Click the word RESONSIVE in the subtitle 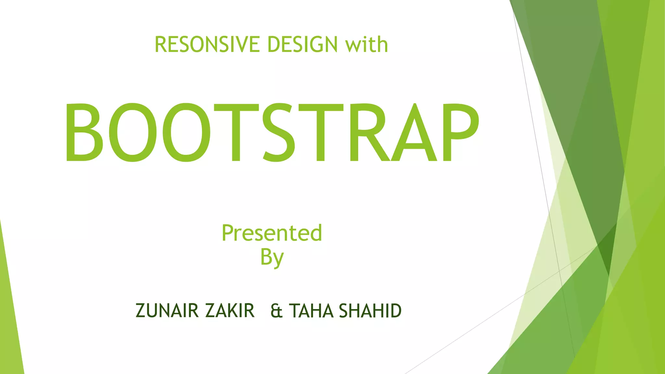207,44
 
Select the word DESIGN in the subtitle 302,44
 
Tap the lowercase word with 367,44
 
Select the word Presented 272,233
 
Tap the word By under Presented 272,258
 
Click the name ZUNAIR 167,311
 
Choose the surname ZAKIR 230,311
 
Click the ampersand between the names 276,311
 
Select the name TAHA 311,311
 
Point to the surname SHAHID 370,311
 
